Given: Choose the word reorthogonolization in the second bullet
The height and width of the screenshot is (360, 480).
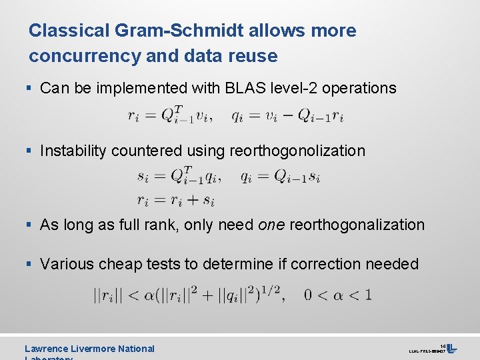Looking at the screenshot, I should (x=297, y=151).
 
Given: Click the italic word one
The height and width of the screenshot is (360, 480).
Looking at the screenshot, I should (x=271, y=225).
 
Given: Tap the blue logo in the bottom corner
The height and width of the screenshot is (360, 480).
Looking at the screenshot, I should (x=451, y=349).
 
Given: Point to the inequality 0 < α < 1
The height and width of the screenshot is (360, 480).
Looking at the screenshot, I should (x=338, y=294).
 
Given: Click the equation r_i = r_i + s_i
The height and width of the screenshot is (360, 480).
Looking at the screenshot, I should (x=175, y=199).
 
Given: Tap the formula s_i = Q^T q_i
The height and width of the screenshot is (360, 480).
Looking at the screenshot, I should (x=179, y=175).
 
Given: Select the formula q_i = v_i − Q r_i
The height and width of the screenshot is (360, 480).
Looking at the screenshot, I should (x=287, y=115).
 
